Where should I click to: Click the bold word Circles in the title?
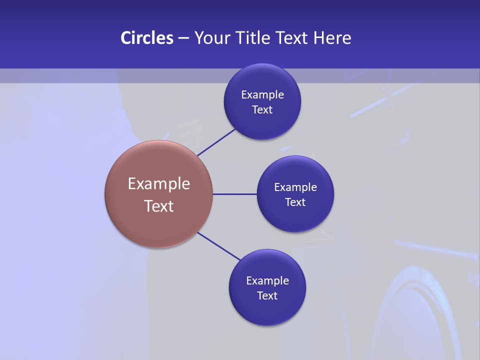[146, 38]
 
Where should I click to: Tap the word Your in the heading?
[212, 38]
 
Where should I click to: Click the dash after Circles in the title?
[183, 38]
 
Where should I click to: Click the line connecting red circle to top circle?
[216, 142]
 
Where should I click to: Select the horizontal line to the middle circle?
[234, 194]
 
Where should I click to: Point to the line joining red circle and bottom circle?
[218, 246]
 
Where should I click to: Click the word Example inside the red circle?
[159, 184]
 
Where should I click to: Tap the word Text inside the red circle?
[159, 206]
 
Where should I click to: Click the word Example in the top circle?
[262, 95]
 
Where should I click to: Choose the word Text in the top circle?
[262, 110]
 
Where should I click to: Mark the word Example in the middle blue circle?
[295, 187]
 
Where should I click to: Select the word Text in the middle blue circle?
[295, 202]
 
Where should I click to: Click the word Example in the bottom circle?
[267, 281]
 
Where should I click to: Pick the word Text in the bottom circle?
[267, 296]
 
